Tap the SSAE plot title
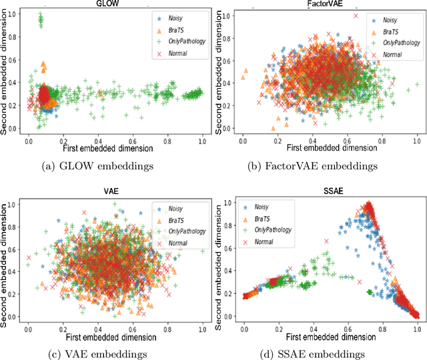(x=326, y=189)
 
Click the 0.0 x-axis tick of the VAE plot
(x=28, y=329)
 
